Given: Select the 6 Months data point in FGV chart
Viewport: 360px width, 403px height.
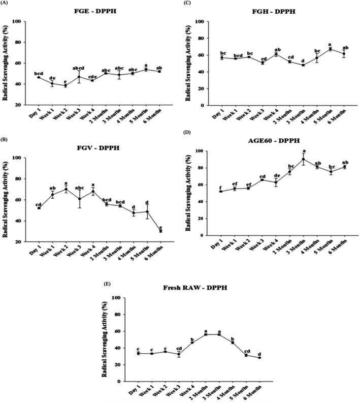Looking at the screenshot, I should [161, 231].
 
